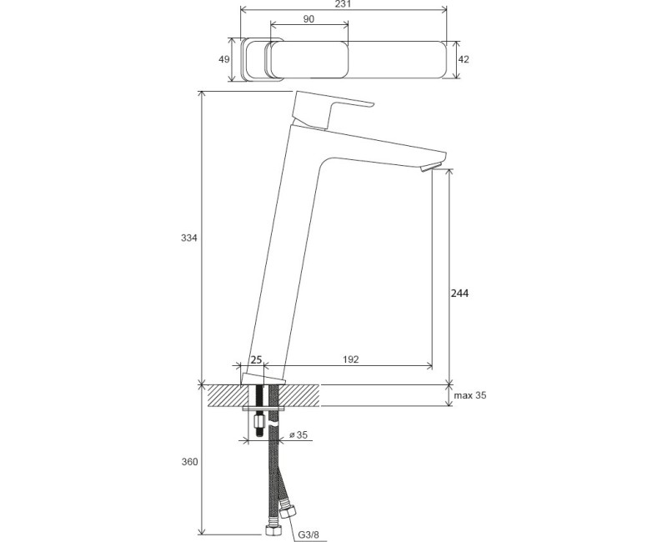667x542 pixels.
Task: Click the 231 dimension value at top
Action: (344, 4)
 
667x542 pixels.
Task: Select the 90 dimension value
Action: (309, 19)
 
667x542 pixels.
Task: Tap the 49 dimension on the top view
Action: (224, 59)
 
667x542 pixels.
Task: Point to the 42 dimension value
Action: (464, 59)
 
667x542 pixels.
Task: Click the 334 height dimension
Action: (189, 238)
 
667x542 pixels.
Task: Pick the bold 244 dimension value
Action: (459, 294)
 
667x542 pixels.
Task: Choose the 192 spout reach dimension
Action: (351, 359)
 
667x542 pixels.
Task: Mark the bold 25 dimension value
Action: (256, 360)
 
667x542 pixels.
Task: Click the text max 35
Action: (470, 395)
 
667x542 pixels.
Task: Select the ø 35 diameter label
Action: (298, 434)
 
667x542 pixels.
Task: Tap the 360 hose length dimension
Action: (189, 462)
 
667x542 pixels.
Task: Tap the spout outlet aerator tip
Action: (432, 168)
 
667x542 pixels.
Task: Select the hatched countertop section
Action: (263, 395)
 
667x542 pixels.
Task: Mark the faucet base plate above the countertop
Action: (263, 379)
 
